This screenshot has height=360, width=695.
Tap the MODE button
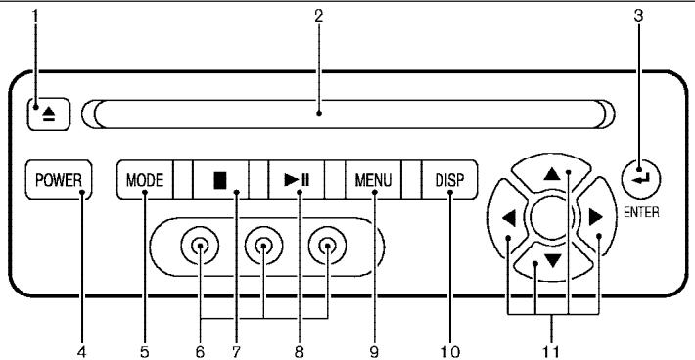click(145, 180)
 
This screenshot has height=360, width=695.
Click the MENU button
click(373, 180)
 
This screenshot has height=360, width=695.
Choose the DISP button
click(450, 180)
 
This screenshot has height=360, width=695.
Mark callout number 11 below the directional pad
click(558, 349)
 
